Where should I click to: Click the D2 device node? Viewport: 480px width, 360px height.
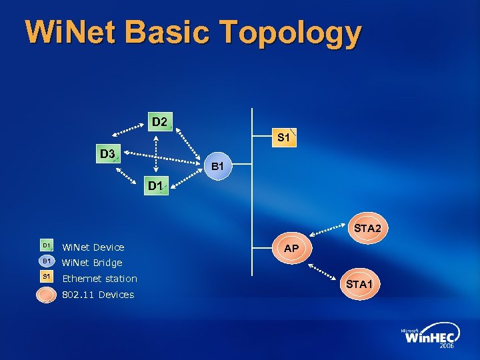coord(159,122)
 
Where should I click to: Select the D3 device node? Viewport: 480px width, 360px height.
coord(107,155)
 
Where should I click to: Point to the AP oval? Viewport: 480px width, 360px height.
coord(291,248)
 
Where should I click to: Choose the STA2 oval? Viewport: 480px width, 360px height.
coord(367,229)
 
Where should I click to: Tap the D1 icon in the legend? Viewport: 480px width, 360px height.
coord(47,247)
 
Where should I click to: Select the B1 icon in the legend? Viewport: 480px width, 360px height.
coord(47,261)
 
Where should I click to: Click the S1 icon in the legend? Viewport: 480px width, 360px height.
coord(47,277)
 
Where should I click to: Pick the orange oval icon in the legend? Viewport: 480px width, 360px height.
coord(47,294)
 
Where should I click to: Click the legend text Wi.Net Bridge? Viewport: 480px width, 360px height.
coord(92,263)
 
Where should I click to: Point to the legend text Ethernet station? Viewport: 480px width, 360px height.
coord(99,279)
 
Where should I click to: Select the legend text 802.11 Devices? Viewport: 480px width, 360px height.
coord(97,295)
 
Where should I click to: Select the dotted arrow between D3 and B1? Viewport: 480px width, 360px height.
coord(163,158)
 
